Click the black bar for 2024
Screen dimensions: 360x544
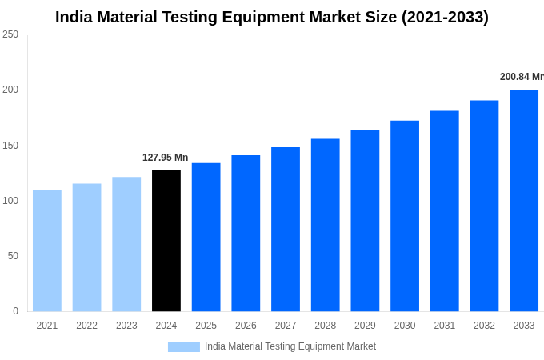tap(166, 240)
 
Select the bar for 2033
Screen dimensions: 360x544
tap(524, 200)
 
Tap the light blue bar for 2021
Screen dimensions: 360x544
tap(47, 250)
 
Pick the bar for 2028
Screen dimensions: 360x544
tap(326, 225)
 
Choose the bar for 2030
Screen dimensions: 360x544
tap(405, 216)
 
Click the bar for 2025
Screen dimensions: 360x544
tap(206, 237)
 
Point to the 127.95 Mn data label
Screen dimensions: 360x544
tap(165, 158)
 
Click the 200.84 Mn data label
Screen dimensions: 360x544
tap(522, 77)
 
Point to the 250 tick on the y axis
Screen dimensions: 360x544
tap(10, 34)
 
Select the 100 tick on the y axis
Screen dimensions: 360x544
tap(10, 201)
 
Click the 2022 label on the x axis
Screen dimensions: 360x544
tap(86, 326)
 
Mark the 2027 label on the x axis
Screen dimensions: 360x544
tap(286, 326)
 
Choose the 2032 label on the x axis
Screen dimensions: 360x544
tap(484, 326)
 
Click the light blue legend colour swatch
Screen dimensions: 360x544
tap(183, 346)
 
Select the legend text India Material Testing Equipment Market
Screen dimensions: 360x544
tap(290, 346)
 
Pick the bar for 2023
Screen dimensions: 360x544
tap(126, 244)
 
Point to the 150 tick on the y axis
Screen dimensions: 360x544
tap(10, 146)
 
